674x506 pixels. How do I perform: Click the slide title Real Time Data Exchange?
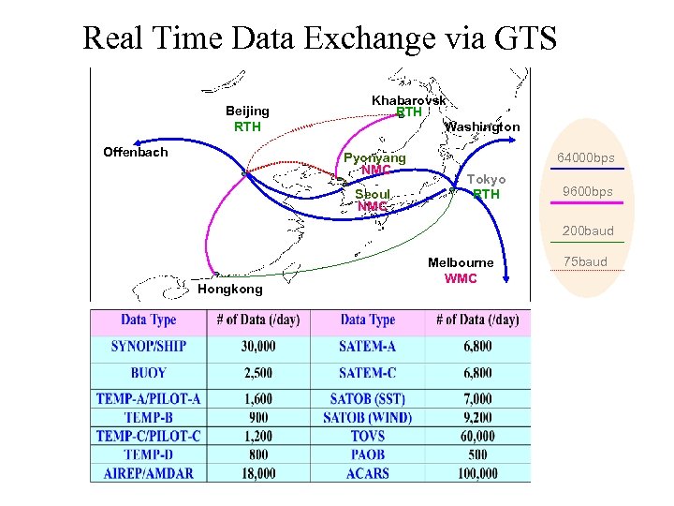coord(319,38)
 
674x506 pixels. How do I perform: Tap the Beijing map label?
coord(247,112)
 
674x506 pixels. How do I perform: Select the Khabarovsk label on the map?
coord(408,100)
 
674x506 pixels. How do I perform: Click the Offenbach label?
coord(135,152)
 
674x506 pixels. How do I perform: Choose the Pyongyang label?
coord(374,158)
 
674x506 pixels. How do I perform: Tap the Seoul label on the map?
coord(372,194)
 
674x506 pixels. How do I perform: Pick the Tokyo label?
coord(486,180)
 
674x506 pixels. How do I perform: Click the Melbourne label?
coord(460,263)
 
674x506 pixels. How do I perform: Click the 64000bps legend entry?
coord(586,157)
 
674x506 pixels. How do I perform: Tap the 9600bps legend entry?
coord(587,192)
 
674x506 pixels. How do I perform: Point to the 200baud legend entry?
coord(587,231)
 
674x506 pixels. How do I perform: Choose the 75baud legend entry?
coord(586,261)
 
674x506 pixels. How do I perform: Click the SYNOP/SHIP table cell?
coord(148,346)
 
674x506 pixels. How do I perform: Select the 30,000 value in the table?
coord(258,346)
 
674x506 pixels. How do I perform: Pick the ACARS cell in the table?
coord(367,473)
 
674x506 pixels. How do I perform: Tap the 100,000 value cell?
coord(477,473)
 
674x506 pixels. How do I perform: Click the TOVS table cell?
coord(367,436)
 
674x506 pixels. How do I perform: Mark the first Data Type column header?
coord(148,320)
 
